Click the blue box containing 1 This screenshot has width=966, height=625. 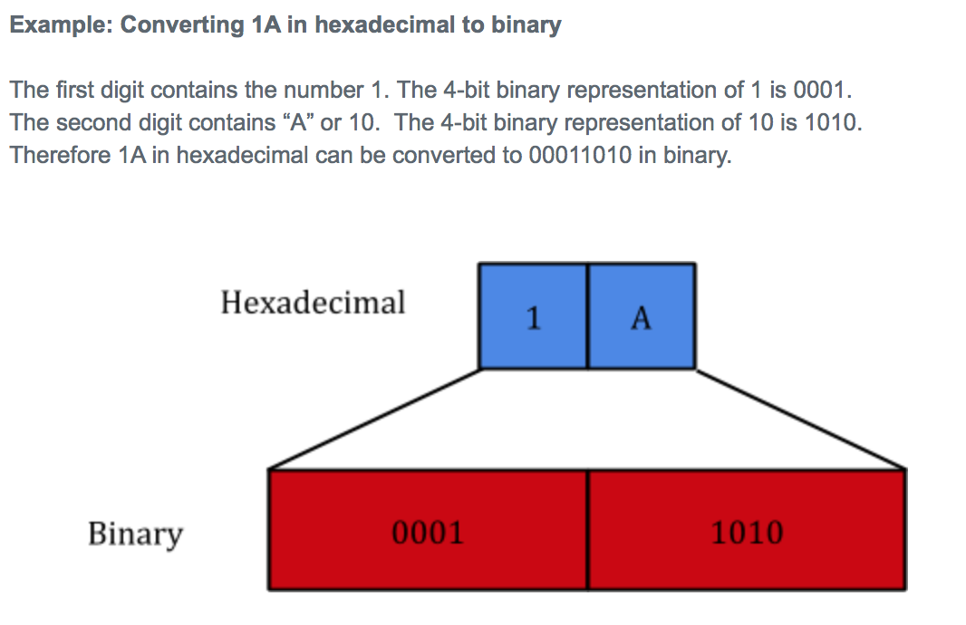coord(533,316)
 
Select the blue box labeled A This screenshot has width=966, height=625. coord(642,316)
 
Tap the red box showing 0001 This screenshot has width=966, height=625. coord(428,532)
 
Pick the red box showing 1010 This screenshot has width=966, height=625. coord(747,532)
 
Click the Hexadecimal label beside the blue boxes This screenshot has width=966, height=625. coord(313,303)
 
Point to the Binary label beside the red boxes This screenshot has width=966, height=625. coord(135,534)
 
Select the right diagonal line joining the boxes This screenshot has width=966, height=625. coord(801,419)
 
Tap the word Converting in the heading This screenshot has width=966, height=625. coord(180,25)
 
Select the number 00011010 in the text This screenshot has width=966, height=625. coord(580,155)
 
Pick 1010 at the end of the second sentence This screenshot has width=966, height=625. coord(831,122)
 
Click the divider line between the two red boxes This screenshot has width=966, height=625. coord(587,530)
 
